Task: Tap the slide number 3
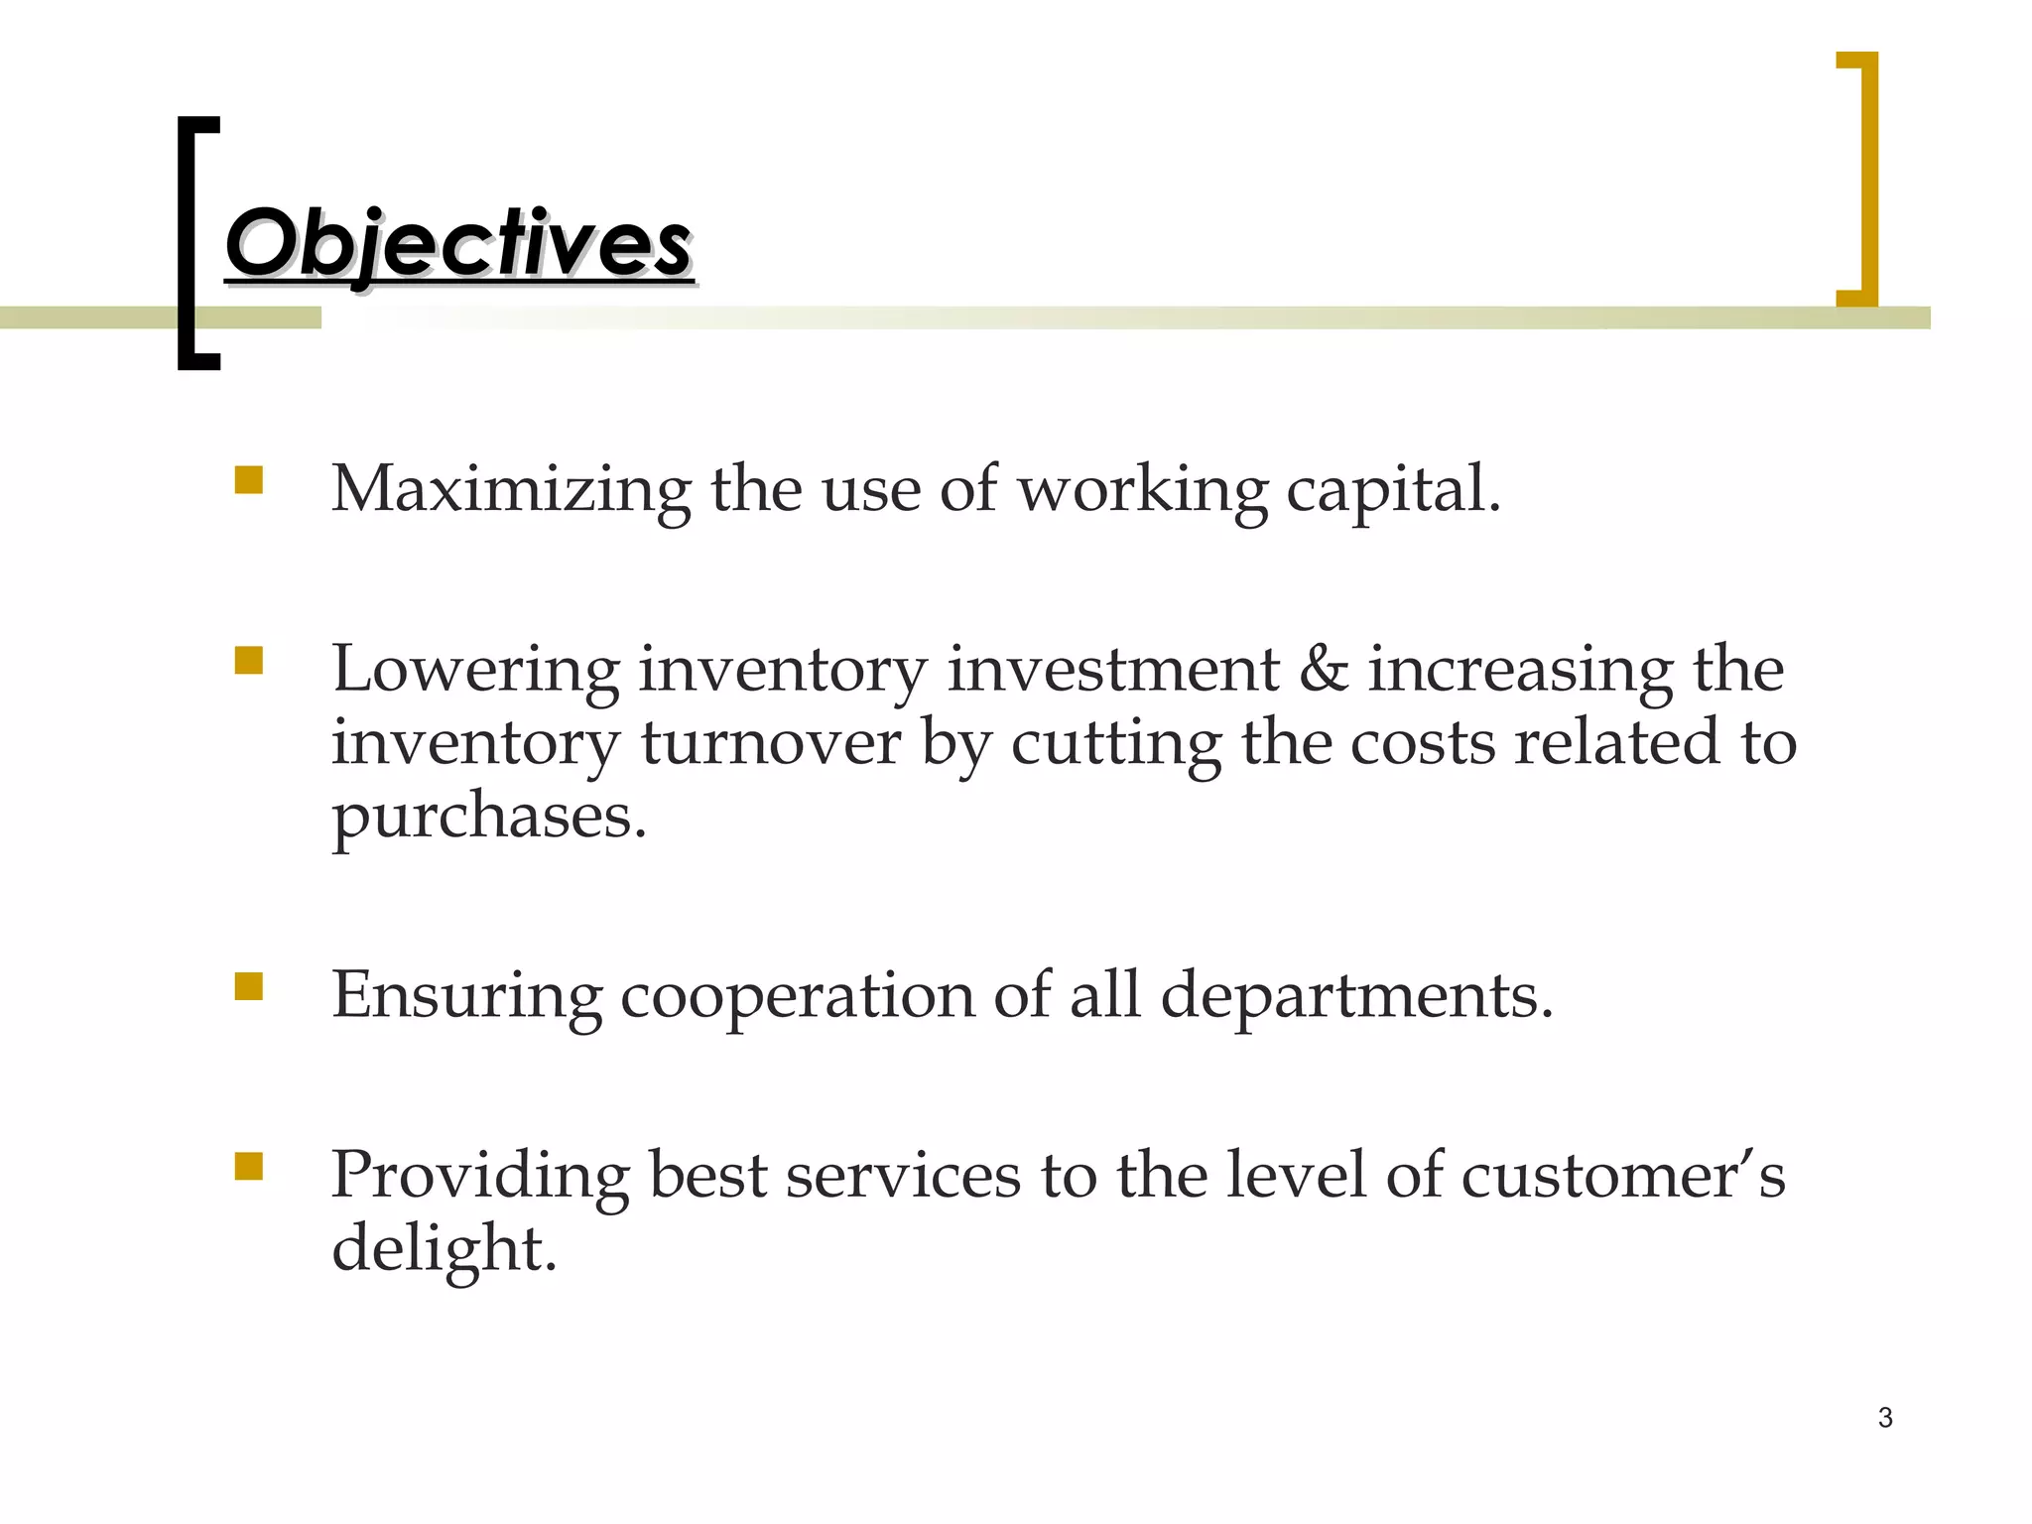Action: [x=1885, y=1418]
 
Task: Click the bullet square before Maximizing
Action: [x=249, y=480]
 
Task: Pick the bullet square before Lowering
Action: [x=249, y=661]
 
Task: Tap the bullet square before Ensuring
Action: [x=249, y=986]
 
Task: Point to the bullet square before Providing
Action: [x=249, y=1166]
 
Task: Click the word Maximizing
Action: [x=511, y=490]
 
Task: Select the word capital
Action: [x=1393, y=490]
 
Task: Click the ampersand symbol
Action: [x=1324, y=669]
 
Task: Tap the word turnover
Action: [x=770, y=743]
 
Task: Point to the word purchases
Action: [x=488, y=818]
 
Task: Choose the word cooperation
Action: [x=798, y=996]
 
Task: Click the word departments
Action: [x=1355, y=996]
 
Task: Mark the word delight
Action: [x=444, y=1249]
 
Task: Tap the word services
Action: [x=903, y=1176]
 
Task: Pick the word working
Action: [x=1143, y=490]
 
